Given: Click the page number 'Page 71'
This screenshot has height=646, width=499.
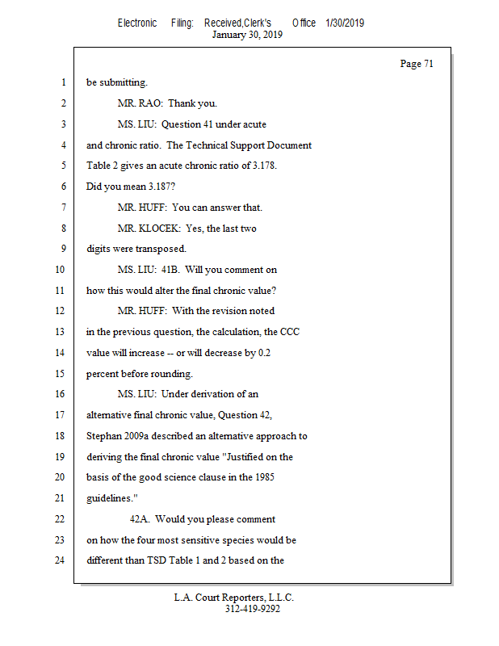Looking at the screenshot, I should [x=417, y=64].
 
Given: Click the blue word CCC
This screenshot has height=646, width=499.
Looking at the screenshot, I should [x=290, y=332].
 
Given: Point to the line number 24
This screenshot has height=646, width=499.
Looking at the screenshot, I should [x=58, y=560].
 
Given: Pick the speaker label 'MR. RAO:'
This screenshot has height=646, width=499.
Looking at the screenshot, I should [x=140, y=104].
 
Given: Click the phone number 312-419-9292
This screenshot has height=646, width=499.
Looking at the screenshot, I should [x=253, y=610].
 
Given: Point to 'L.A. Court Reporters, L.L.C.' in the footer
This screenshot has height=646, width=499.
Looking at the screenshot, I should [x=234, y=598].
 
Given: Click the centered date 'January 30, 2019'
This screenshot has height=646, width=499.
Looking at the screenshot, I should [x=247, y=35].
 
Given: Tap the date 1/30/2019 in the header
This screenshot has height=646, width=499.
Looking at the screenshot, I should [x=345, y=23].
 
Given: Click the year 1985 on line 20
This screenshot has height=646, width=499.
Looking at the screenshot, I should [x=264, y=477].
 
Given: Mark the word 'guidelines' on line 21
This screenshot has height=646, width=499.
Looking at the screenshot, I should [x=109, y=498].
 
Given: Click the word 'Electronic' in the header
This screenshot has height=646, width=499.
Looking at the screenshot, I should [x=137, y=23].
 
